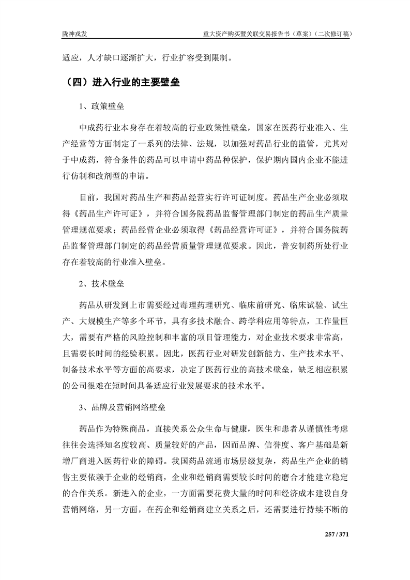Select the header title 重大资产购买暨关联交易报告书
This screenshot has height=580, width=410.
(x=254, y=34)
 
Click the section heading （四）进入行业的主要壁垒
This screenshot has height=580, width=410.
(x=120, y=82)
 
